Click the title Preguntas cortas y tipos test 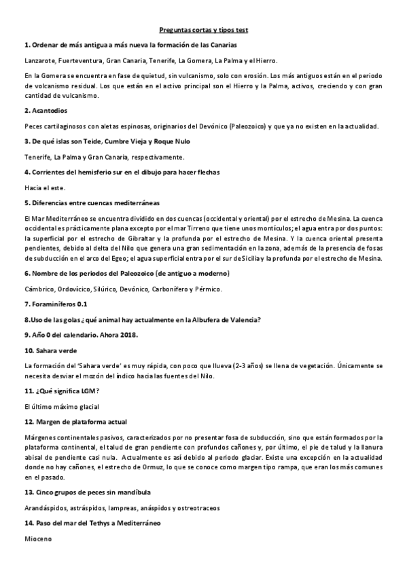pyautogui.click(x=203, y=30)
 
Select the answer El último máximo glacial pyautogui.click(x=62, y=406)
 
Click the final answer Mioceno pyautogui.click(x=37, y=539)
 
